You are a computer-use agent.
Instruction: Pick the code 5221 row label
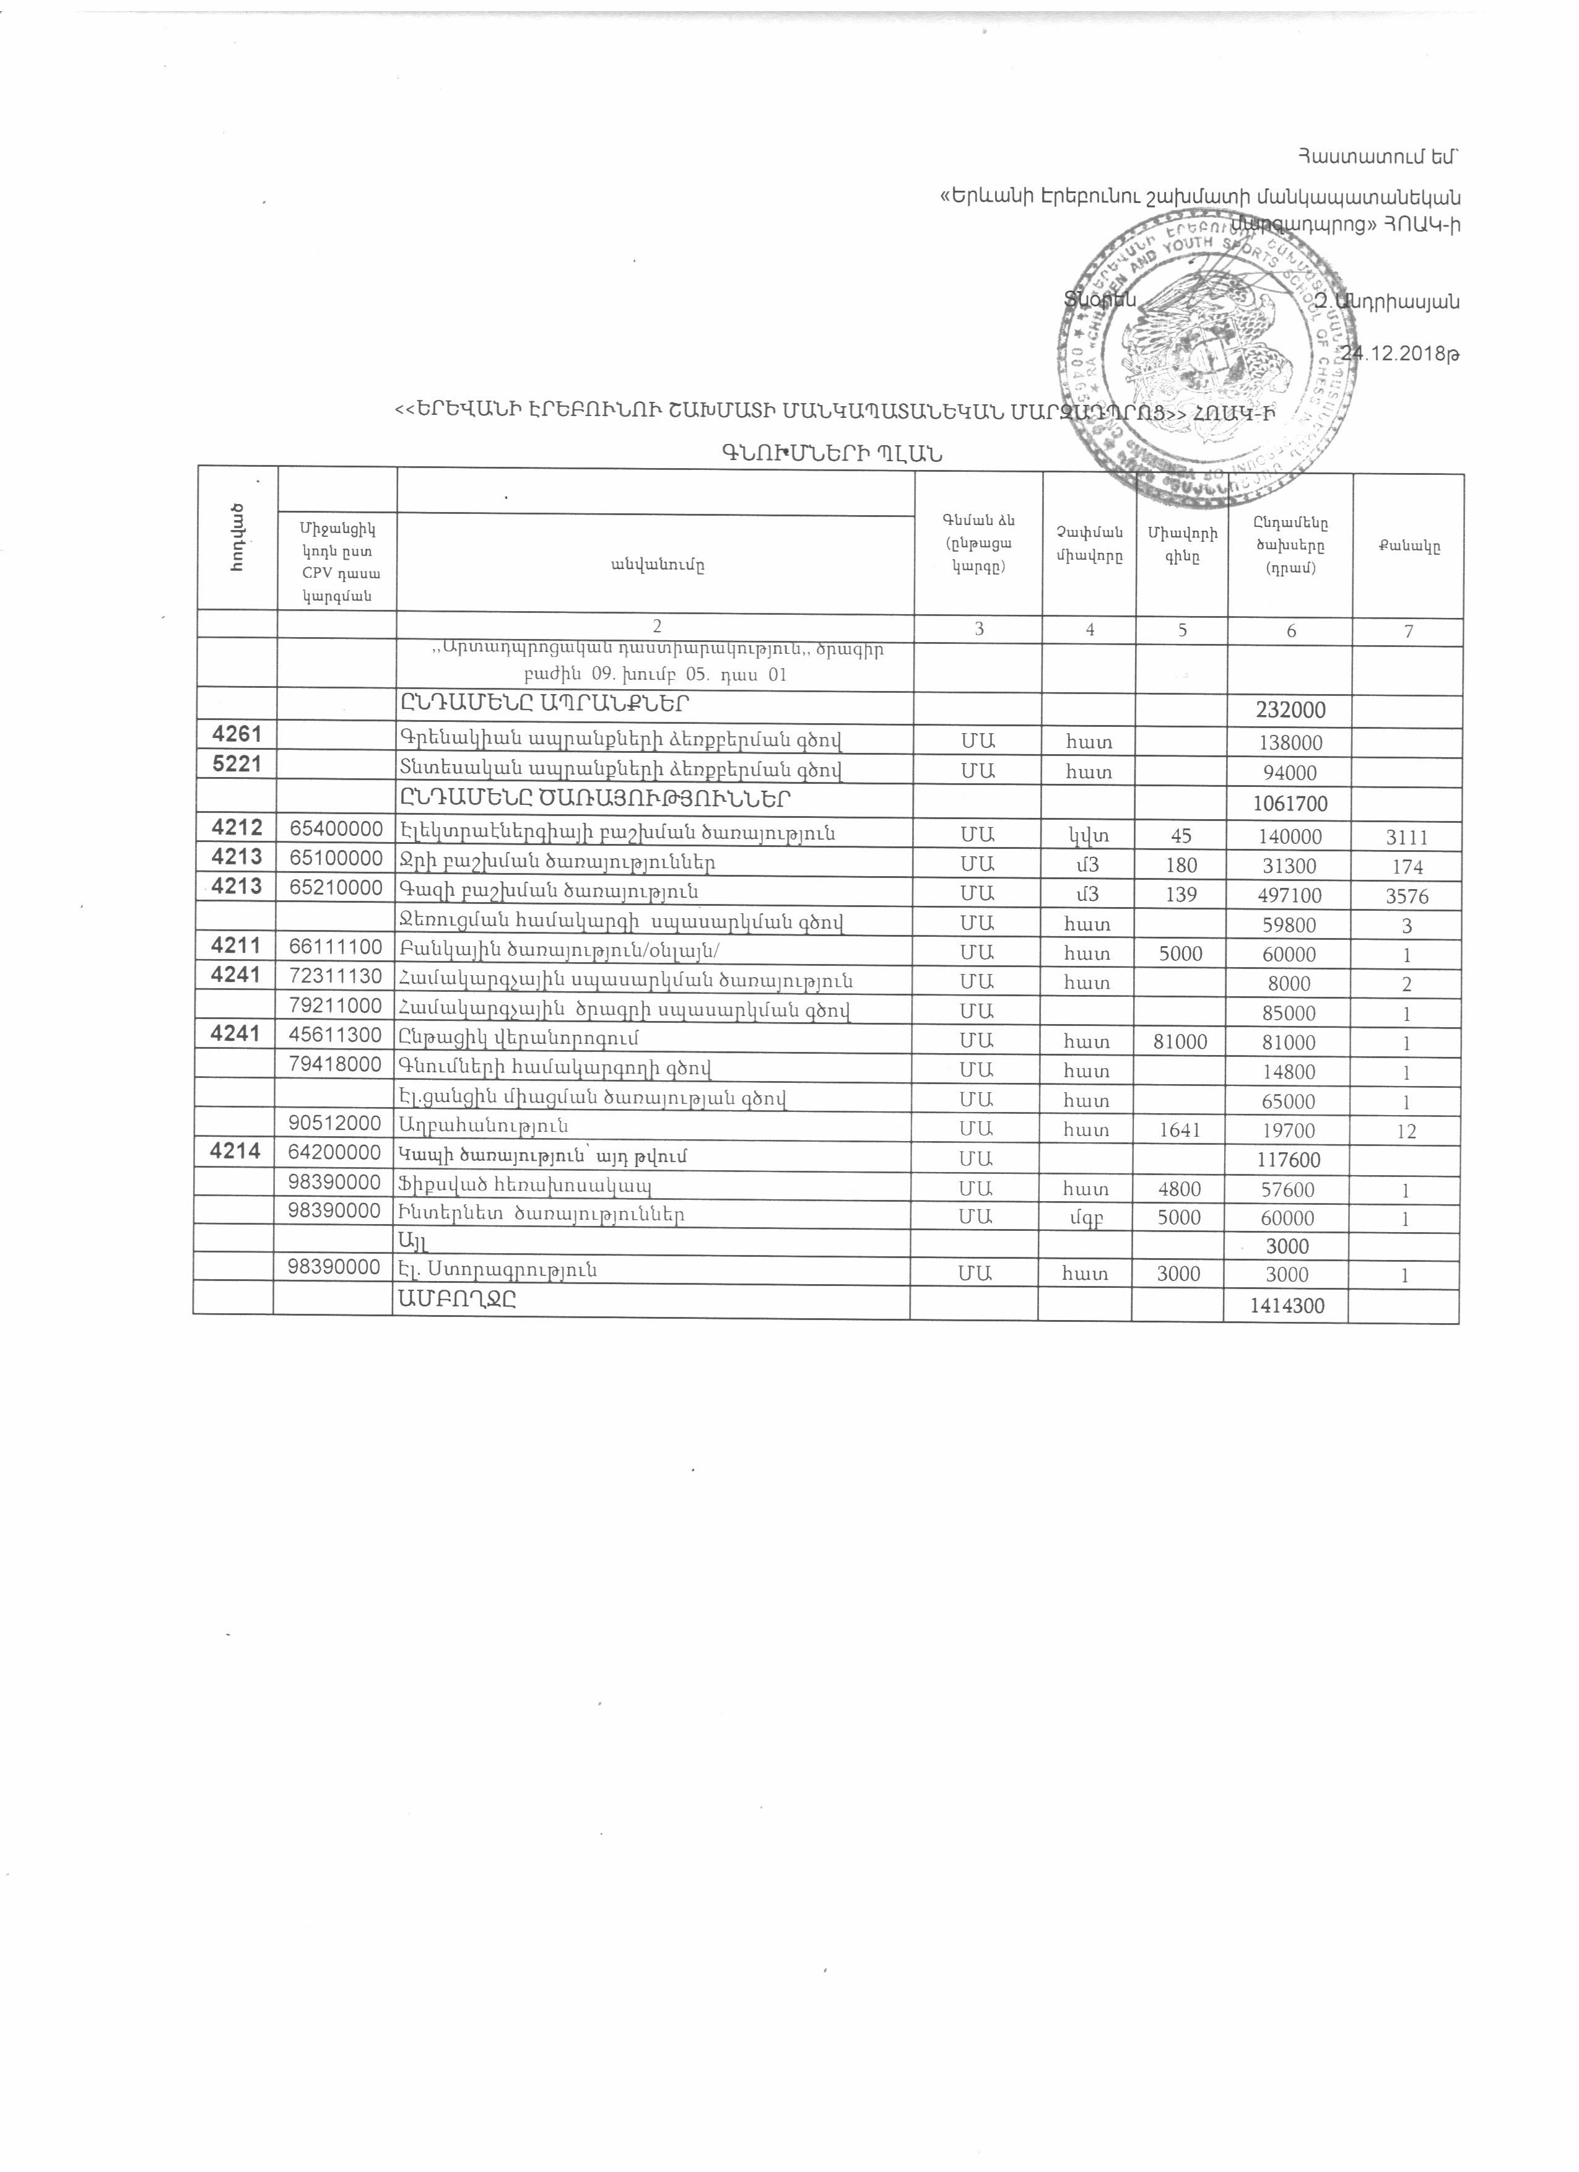(x=235, y=768)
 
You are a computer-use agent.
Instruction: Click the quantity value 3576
(x=1407, y=897)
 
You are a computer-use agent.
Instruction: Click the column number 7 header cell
(x=1407, y=631)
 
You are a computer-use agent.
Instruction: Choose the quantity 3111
(x=1407, y=838)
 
